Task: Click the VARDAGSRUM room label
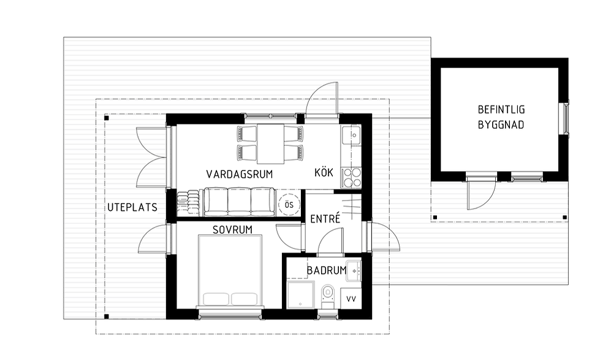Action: (x=240, y=174)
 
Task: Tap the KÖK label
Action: (x=324, y=172)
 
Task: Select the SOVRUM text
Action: (x=233, y=230)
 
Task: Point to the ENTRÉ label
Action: (x=325, y=219)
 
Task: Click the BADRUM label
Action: (x=327, y=270)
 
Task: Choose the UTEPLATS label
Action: (x=132, y=207)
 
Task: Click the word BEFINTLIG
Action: (x=501, y=110)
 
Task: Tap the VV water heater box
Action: (x=351, y=299)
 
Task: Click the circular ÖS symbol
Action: (x=289, y=204)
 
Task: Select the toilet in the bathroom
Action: (x=327, y=296)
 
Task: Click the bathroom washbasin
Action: (x=354, y=270)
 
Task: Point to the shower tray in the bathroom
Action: (x=301, y=295)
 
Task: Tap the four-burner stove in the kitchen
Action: (x=351, y=178)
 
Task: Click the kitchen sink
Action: (x=352, y=135)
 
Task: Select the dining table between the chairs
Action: (x=270, y=144)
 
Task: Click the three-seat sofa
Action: (x=239, y=201)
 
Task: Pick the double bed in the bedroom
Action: (x=230, y=270)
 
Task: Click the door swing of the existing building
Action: (x=481, y=195)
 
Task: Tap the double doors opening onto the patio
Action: (x=152, y=158)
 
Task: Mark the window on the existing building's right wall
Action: (x=565, y=119)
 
